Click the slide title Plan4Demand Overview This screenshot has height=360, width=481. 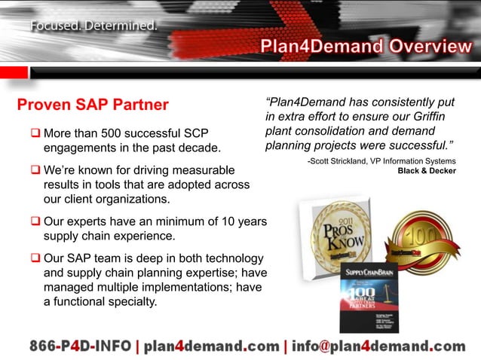click(x=366, y=47)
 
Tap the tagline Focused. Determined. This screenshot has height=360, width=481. click(x=94, y=26)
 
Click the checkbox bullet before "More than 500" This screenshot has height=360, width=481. click(x=35, y=134)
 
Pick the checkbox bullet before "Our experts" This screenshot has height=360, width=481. click(x=35, y=224)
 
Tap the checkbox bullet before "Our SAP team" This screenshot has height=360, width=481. click(x=35, y=259)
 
